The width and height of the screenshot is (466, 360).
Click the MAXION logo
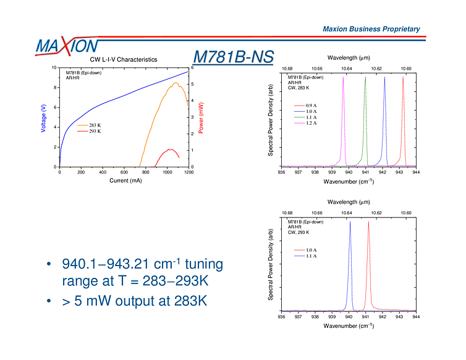67,46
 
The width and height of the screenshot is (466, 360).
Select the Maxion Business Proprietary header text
371,29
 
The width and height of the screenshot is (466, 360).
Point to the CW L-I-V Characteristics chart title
124,59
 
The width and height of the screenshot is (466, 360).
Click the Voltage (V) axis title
43,117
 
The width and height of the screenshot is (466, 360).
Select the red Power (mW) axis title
201,118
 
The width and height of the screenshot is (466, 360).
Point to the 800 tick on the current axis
145,172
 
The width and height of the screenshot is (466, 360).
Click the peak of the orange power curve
176,83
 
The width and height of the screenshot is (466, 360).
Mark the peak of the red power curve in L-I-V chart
169,149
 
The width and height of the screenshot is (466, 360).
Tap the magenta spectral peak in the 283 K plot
344,78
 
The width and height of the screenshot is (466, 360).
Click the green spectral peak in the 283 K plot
365,78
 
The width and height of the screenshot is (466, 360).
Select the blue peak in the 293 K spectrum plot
350,223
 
